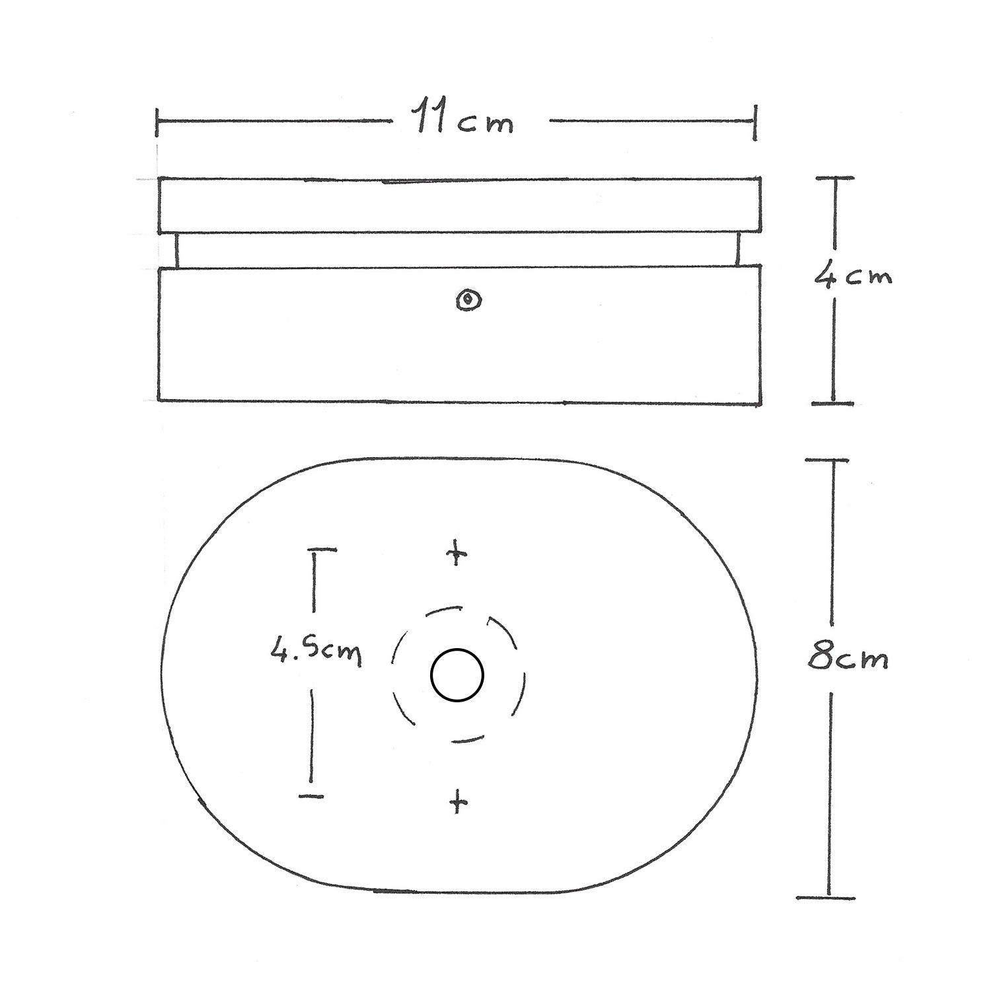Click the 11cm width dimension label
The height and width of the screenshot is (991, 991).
pos(464,120)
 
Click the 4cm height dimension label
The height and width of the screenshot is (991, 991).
pos(853,276)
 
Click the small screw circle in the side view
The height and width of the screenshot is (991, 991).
pos(469,301)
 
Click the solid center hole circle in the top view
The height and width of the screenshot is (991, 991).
pos(457,675)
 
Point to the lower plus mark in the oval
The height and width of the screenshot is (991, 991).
pos(458,803)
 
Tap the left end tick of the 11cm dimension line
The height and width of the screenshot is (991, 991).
pos(157,123)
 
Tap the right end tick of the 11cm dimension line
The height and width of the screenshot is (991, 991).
pos(754,122)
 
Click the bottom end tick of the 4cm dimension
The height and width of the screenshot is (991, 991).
pos(832,402)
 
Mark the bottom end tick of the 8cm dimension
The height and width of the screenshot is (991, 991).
pos(826,897)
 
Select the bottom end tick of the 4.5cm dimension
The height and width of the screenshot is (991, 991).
pos(311,797)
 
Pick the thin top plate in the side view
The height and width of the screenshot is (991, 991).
pos(459,205)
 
